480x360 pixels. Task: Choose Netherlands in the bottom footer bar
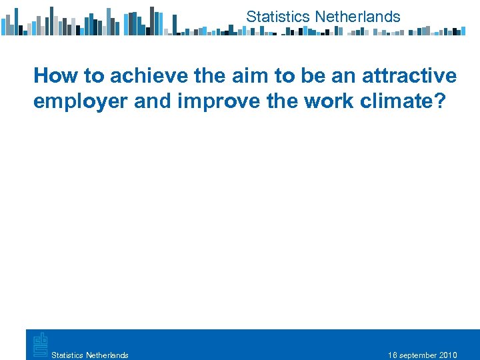pyautogui.click(x=107, y=355)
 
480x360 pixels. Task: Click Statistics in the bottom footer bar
pyautogui.click(x=67, y=355)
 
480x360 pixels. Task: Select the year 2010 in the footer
pyautogui.click(x=449, y=355)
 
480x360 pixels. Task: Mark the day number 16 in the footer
pyautogui.click(x=393, y=355)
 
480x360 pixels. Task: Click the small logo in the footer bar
pyautogui.click(x=39, y=343)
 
